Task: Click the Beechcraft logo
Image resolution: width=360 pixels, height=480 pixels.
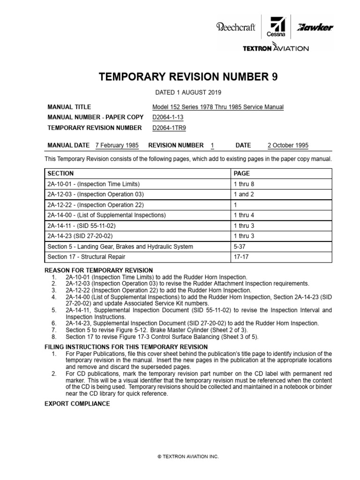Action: (235, 27)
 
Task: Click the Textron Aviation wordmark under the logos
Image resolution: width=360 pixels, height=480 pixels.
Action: (275, 48)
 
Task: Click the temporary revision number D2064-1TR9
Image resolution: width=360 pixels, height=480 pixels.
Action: (165, 127)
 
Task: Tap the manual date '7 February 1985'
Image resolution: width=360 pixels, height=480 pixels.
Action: (117, 145)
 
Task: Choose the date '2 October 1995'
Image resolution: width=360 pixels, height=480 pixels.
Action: (288, 145)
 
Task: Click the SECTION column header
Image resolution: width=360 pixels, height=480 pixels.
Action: (60, 173)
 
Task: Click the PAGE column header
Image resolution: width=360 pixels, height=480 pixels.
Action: (241, 173)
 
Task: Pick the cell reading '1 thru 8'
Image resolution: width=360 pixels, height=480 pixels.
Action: (244, 184)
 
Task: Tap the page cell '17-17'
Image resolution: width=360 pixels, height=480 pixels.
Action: (240, 257)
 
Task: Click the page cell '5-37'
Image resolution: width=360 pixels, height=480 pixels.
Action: (239, 247)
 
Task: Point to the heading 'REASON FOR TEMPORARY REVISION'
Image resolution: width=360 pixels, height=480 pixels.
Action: (98, 270)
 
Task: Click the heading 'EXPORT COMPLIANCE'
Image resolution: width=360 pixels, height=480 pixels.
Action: (77, 404)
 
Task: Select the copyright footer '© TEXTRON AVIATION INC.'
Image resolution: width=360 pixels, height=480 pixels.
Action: (180, 456)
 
